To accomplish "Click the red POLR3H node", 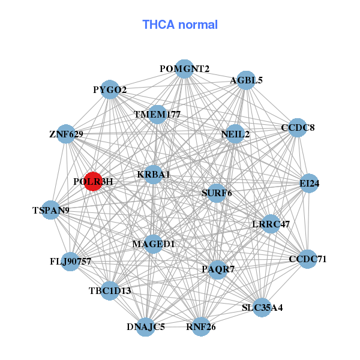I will pos(93,181).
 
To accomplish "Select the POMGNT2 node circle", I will pos(185,69).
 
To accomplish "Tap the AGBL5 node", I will pos(246,80).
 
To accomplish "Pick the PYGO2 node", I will pos(110,90).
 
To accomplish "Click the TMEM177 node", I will pos(157,114).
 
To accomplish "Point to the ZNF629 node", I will pos(66,134).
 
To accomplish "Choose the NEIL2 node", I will pos(235,134).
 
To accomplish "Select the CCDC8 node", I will pos(298,128).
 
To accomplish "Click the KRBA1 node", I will pos(154,175).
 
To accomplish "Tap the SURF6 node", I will pos(217,193).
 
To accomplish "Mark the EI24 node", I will pos(310,184).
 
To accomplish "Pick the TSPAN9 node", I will pos(51,210).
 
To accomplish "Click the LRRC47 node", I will pos(271,224).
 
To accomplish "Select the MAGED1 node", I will pos(154,244).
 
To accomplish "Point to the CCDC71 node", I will pos(308,259).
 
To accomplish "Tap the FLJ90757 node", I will pos(71,262).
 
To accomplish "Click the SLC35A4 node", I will pos(262,308).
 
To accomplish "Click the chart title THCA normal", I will pos(180,25).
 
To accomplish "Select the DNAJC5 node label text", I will pos(146,327).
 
